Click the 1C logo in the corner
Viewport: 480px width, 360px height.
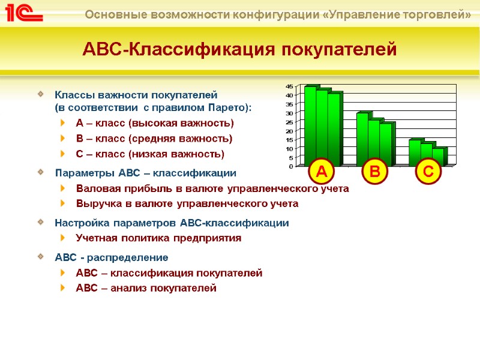tap(25, 13)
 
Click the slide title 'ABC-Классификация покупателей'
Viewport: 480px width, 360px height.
tap(239, 49)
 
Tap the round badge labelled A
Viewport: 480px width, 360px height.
tap(322, 172)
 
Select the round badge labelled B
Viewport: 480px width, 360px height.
tap(375, 172)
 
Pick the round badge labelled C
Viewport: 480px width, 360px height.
tap(428, 172)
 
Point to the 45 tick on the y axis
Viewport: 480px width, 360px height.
tap(289, 86)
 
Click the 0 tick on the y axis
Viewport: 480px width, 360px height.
tap(291, 166)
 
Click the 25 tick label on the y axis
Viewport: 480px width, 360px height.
tap(289, 122)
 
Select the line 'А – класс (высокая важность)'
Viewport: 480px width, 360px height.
tap(155, 123)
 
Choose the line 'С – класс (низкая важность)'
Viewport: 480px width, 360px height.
tap(150, 154)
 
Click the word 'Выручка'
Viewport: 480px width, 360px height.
tap(97, 203)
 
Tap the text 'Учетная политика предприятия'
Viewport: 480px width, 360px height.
tap(158, 238)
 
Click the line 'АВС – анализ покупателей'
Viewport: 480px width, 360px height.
tap(146, 289)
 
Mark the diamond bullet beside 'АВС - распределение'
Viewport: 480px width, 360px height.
tap(40, 257)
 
